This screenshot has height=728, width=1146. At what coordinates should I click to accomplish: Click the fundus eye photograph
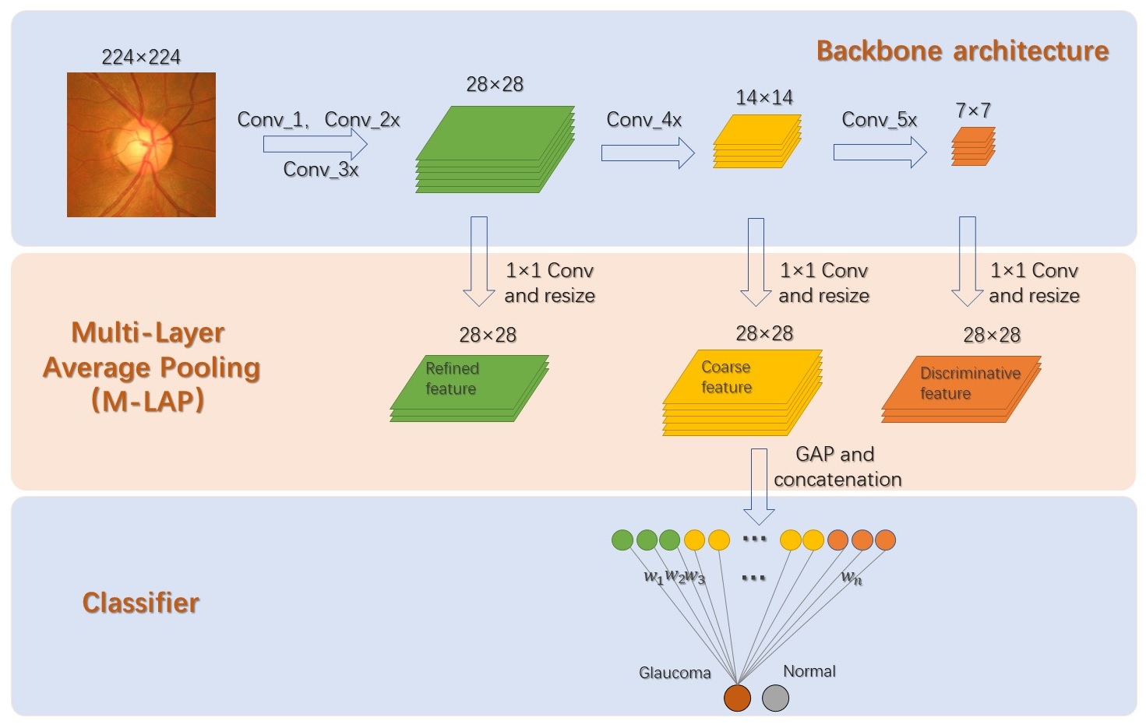(x=141, y=145)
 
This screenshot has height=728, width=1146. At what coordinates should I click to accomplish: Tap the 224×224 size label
(x=141, y=58)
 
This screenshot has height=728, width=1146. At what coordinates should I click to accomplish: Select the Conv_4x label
(x=644, y=120)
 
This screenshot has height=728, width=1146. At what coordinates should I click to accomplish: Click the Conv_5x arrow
(x=880, y=152)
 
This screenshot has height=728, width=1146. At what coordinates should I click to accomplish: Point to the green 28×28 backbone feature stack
(x=495, y=149)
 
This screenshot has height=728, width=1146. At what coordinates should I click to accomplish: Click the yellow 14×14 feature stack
(x=757, y=141)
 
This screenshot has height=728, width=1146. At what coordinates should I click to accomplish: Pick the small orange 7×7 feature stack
(x=973, y=146)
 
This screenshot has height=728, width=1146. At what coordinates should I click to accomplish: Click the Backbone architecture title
(x=962, y=51)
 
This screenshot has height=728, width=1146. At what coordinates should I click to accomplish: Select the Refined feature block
(x=469, y=389)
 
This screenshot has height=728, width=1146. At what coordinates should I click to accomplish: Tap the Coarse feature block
(x=742, y=392)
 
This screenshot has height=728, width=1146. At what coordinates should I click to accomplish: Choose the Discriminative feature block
(x=961, y=389)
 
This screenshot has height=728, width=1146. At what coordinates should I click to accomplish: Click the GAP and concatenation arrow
(x=759, y=486)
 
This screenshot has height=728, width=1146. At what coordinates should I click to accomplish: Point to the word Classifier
(x=141, y=603)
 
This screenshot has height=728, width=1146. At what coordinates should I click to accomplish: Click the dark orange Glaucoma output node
(x=737, y=698)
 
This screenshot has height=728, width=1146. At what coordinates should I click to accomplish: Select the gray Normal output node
(x=776, y=698)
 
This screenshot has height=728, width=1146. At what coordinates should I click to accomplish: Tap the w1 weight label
(x=654, y=577)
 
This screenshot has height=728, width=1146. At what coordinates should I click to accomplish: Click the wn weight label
(x=852, y=578)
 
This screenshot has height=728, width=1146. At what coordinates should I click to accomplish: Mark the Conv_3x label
(x=321, y=170)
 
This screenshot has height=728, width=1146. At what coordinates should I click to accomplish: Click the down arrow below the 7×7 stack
(x=967, y=262)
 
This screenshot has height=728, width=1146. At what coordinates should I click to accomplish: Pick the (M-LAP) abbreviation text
(x=148, y=401)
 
